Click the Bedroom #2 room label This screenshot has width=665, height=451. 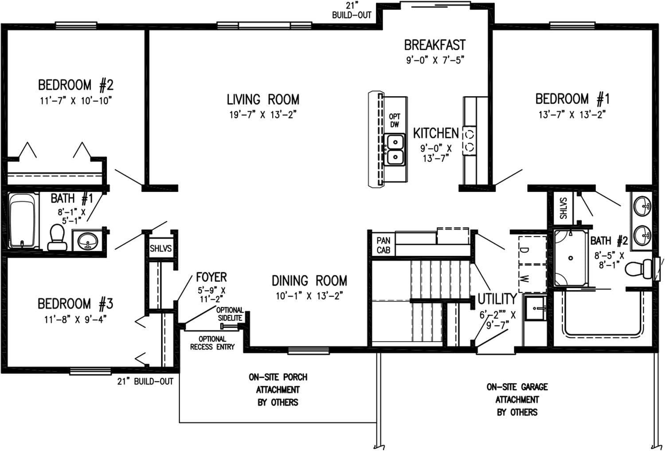coord(76,85)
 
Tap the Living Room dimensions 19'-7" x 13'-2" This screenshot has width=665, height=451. coord(262,115)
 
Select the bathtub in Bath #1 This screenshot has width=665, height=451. coord(22,220)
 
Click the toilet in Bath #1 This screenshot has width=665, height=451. coord(56,237)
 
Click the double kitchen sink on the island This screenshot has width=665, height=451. coord(394,150)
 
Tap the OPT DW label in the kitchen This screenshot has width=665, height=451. coord(394,121)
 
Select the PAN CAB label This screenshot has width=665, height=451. coord(383,245)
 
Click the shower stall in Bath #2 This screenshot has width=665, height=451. coord(571,258)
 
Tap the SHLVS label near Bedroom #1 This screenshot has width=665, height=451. coord(563,208)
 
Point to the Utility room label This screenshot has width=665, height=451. coord(497,299)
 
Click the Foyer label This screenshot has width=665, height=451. coord(211,278)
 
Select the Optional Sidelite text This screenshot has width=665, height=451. coord(230,314)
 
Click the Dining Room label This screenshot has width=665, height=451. coord(309,281)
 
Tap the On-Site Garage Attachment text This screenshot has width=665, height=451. coord(517,399)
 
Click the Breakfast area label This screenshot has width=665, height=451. coord(434,45)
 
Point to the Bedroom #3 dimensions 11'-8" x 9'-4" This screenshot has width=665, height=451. coord(75,319)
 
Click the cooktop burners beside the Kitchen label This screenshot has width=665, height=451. coord(469,140)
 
